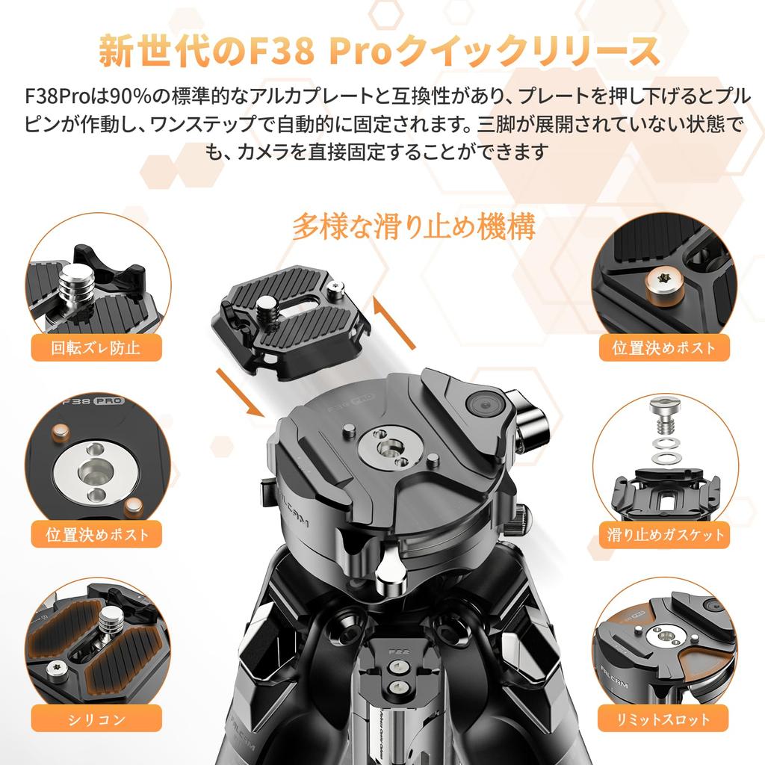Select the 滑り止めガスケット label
pos(666,535)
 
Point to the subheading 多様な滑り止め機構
pos(413,226)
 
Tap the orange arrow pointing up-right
pos(394,322)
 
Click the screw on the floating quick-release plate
pos(266,305)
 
